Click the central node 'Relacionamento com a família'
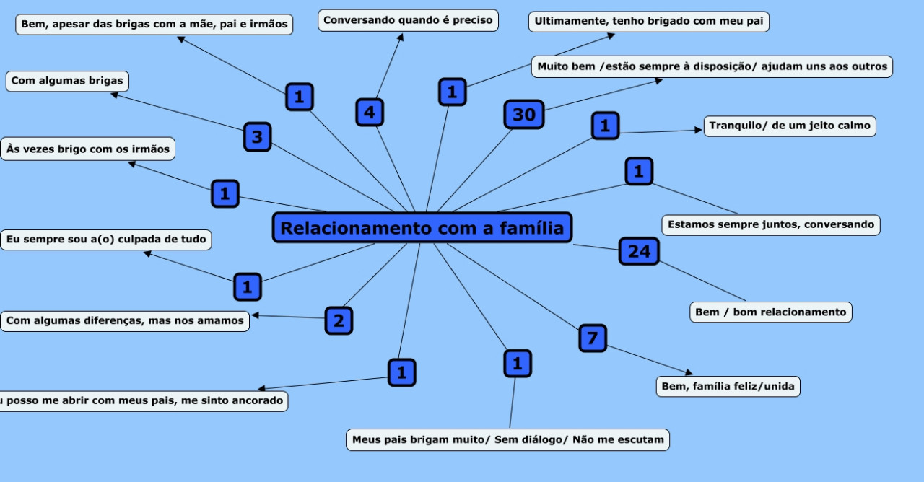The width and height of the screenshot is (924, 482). click(422, 228)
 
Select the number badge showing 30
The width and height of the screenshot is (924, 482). click(523, 114)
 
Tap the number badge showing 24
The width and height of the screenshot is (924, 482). click(639, 251)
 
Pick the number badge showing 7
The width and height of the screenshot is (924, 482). click(593, 338)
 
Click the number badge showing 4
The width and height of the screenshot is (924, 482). click(370, 113)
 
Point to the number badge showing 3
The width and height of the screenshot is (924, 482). click(258, 136)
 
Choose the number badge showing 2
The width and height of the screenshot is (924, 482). click(339, 321)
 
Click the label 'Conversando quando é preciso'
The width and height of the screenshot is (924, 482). click(408, 20)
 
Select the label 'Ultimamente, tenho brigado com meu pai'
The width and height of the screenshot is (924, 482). click(648, 22)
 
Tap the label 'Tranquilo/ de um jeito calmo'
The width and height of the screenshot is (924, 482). click(790, 126)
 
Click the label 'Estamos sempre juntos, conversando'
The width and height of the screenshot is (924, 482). click(770, 224)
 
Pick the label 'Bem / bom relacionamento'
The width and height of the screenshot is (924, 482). click(770, 312)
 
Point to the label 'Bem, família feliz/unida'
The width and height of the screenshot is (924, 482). click(728, 387)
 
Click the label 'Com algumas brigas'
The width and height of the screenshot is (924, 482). click(67, 81)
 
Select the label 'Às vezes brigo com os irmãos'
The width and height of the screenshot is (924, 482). click(87, 149)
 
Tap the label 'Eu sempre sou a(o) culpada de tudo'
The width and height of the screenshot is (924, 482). click(105, 240)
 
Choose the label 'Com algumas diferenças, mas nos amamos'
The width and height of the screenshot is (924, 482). click(124, 321)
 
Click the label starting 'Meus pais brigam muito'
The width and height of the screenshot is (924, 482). click(507, 439)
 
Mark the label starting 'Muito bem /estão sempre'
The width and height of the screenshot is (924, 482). click(712, 66)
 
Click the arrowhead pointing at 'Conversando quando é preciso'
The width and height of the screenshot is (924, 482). click(401, 37)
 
